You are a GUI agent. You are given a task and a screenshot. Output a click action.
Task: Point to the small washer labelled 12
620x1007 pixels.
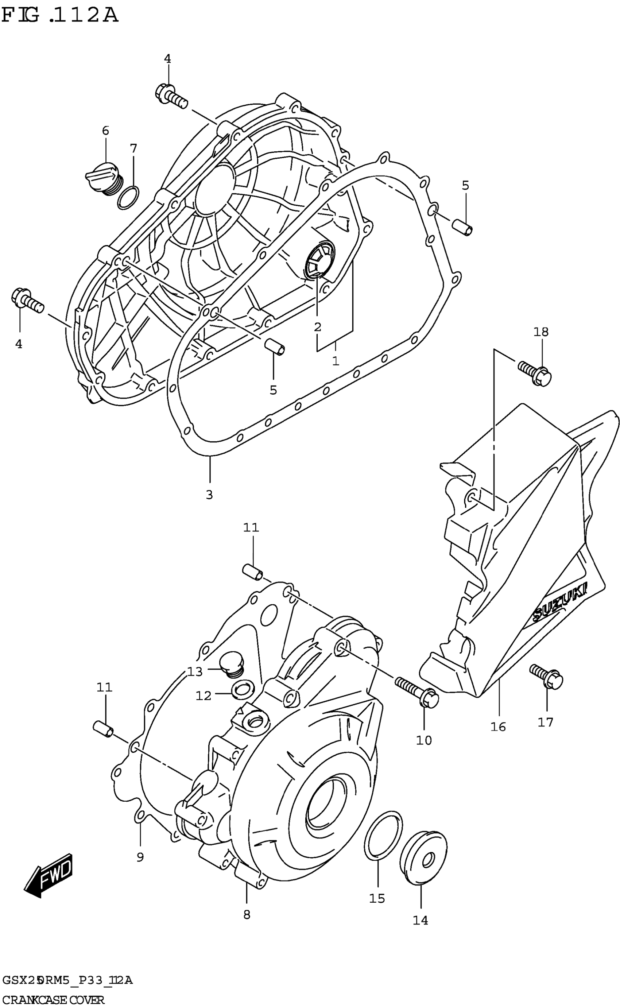point(242,689)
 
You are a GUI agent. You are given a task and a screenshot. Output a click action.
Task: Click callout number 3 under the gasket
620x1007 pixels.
point(209,495)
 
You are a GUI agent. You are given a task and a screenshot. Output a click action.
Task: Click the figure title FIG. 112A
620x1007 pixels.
point(60,15)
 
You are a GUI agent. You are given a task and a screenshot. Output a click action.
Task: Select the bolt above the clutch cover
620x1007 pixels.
point(171,95)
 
